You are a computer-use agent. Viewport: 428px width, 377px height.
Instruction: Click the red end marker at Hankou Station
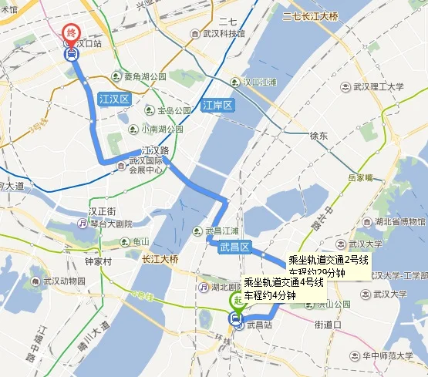click(71, 34)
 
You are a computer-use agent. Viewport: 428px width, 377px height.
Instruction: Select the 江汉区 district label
click(114, 99)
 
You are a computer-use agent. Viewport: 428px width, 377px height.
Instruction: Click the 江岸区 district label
click(217, 105)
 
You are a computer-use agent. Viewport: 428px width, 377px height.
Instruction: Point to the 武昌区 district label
click(235, 247)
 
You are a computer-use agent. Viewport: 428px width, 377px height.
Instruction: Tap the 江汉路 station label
click(154, 151)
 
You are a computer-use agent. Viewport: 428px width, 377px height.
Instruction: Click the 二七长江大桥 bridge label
click(316, 16)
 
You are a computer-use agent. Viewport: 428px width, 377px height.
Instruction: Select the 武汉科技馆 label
click(224, 34)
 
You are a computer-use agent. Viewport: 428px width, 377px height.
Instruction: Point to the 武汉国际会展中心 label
click(147, 166)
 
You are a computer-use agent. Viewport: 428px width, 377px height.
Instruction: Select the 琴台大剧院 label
click(106, 224)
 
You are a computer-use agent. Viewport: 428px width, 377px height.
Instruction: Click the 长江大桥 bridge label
click(160, 258)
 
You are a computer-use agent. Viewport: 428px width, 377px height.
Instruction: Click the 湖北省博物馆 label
click(393, 222)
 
